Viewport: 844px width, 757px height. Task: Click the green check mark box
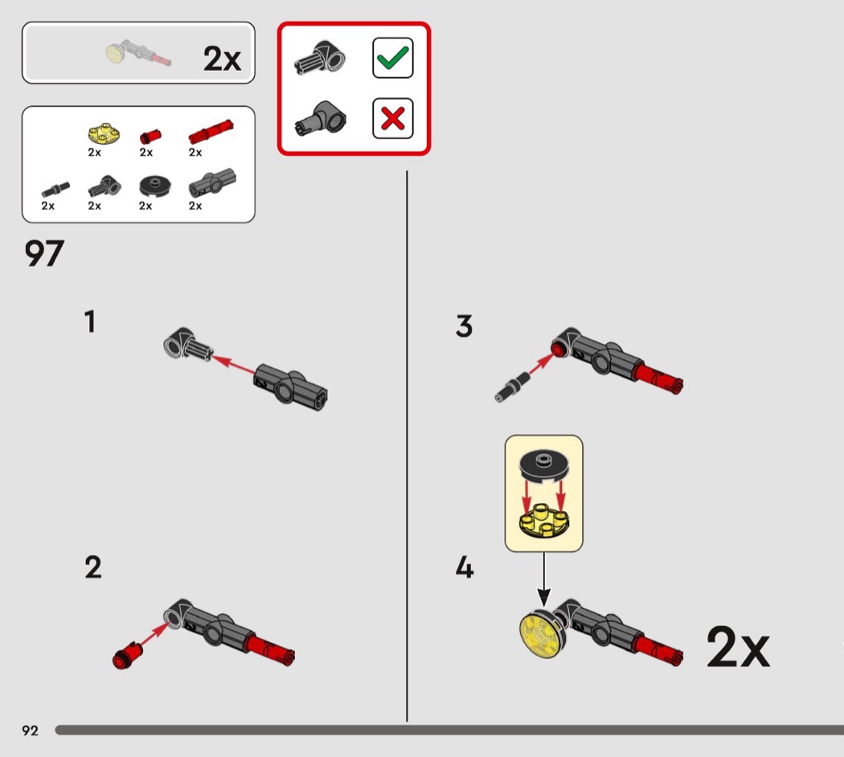tap(392, 58)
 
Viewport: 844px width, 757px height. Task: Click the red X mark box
tap(392, 119)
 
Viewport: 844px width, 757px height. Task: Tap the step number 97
tap(44, 255)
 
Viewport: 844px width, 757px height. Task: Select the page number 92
tap(31, 730)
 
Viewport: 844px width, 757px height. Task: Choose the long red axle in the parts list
tap(210, 129)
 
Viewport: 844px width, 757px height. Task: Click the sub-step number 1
tap(90, 322)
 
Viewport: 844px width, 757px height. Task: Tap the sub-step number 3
tap(464, 326)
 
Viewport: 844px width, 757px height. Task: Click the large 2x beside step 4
tap(737, 647)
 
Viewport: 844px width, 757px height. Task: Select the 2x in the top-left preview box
tap(222, 58)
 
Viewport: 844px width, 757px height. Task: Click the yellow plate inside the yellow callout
tap(543, 518)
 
